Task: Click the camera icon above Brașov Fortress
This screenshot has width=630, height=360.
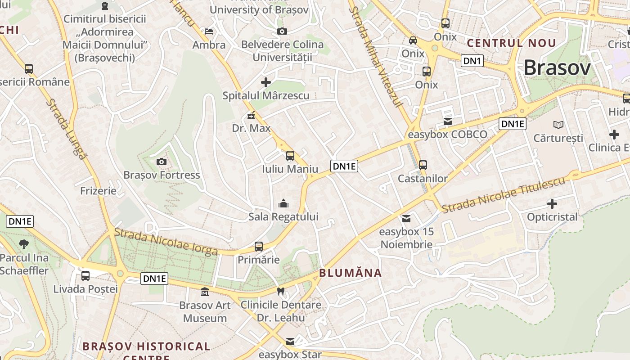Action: (161, 162)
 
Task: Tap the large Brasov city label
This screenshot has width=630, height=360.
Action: (557, 68)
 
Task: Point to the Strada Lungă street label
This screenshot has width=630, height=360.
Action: (66, 129)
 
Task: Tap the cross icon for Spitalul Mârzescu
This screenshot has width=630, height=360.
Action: (266, 82)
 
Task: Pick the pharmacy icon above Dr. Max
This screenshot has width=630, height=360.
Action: (251, 116)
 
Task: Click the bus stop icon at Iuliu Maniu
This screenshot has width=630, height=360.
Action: (290, 156)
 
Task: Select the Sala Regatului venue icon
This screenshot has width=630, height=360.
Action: (283, 204)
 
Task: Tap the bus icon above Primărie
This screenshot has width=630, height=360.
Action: (259, 247)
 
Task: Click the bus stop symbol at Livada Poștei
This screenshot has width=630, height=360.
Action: (85, 276)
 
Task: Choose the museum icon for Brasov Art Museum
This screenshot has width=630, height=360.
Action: (205, 292)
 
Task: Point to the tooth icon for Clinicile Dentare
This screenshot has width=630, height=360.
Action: (281, 292)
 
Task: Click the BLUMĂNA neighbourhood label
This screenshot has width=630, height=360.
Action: (351, 273)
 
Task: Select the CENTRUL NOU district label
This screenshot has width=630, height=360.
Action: (512, 43)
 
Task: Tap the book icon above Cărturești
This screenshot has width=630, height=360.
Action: (558, 125)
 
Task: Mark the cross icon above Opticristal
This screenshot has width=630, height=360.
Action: (552, 204)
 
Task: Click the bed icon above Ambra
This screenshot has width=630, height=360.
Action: (209, 31)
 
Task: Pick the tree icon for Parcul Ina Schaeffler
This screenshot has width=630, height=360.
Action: (24, 245)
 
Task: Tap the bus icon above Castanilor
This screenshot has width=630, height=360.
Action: (423, 165)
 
